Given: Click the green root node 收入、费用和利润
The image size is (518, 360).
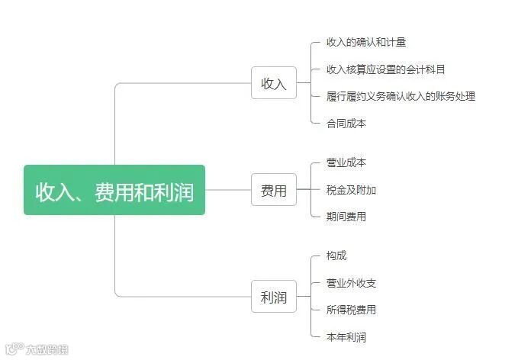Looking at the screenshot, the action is [x=114, y=190].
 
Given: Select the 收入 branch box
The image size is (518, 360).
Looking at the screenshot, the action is [x=274, y=83].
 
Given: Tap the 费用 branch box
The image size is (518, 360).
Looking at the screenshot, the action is [x=274, y=190].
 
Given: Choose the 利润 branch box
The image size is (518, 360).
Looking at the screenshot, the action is [x=274, y=297].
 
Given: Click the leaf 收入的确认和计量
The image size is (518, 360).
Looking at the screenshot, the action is [x=361, y=42].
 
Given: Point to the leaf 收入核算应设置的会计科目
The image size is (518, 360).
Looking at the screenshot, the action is [x=385, y=69].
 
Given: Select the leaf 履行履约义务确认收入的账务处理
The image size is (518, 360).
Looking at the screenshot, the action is [x=401, y=96].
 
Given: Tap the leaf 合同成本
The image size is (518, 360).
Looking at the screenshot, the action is [x=346, y=123].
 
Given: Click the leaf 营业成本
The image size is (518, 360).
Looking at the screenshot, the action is [x=346, y=162].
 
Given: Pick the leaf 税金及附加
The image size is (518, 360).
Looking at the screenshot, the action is [x=351, y=190].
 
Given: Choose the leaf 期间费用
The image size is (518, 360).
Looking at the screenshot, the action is [x=346, y=217].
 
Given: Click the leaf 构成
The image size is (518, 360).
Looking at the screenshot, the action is [x=336, y=256].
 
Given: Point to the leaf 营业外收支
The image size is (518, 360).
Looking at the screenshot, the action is [x=351, y=283].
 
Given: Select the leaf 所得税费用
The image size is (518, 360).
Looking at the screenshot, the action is [x=351, y=310].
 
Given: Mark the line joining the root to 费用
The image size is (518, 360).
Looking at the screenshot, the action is [x=228, y=190].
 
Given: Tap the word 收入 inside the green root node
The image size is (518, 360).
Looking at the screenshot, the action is [x=55, y=191].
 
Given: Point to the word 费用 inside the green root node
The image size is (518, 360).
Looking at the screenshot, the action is [x=114, y=191].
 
